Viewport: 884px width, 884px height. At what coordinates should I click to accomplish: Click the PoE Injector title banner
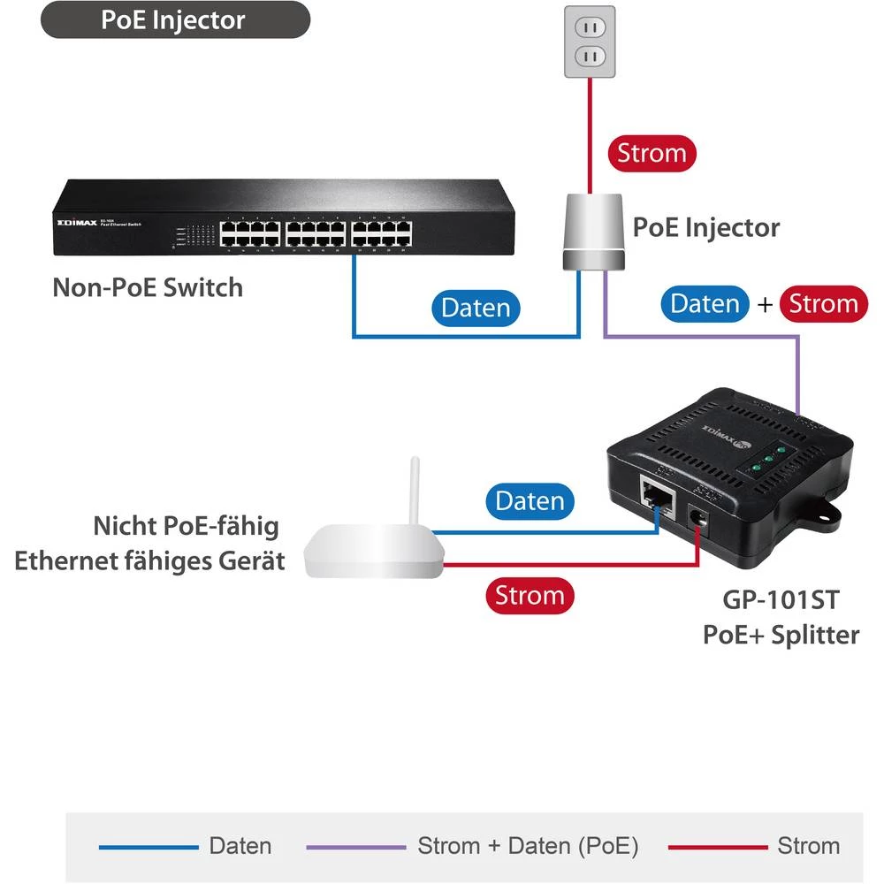175,20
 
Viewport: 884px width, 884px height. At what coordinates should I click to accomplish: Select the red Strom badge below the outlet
652,153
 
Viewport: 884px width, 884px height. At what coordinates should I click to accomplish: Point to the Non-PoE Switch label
148,287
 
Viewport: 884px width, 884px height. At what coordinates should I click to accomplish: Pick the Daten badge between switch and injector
476,308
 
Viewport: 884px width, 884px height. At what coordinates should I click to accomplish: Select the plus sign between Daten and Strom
765,305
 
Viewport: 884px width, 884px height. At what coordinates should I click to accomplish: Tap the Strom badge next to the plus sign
823,304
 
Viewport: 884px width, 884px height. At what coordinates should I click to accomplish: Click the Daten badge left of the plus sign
705,304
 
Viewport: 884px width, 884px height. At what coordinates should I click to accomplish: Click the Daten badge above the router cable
530,501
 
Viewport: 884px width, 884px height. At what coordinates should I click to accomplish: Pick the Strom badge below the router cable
530,595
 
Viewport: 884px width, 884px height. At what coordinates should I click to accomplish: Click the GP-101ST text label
780,600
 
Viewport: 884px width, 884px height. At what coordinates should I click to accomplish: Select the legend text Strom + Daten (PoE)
528,846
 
